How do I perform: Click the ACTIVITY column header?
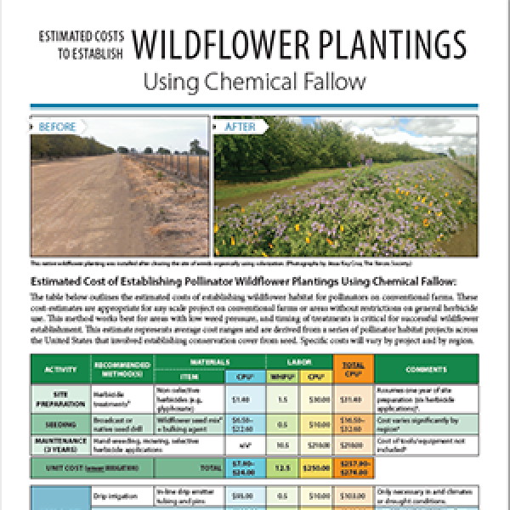point(57,370)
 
